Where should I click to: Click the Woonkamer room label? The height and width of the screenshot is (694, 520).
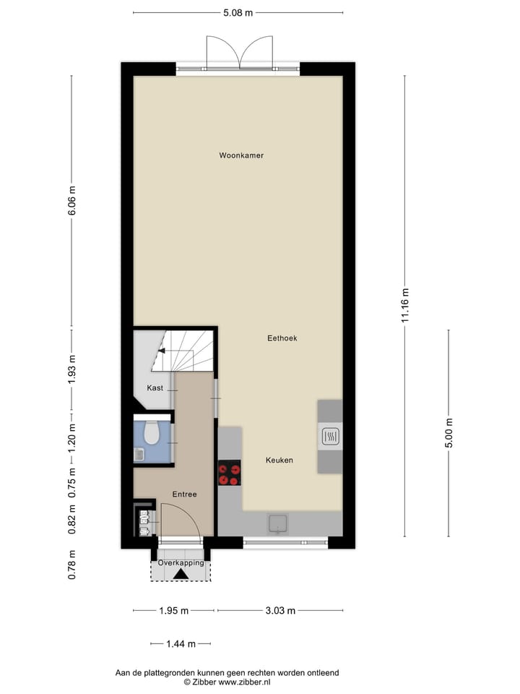coord(241,155)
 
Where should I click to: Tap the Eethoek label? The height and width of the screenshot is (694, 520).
coord(282,338)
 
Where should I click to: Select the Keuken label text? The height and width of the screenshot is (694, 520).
coord(279,460)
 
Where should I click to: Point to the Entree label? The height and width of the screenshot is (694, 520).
coord(184,494)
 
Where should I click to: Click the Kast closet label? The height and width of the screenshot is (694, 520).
coord(155,388)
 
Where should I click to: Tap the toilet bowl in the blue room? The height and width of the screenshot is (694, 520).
coord(152,432)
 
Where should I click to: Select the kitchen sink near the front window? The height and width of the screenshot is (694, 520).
coord(278,523)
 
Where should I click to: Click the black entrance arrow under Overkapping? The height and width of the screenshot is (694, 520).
coord(180,574)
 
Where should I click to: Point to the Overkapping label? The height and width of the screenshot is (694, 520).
coord(181,562)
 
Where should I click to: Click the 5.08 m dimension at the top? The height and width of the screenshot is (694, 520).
coord(238,12)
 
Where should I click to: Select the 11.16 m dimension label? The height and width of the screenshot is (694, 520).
coord(405,307)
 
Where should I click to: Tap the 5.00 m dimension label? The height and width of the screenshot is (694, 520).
coord(448,433)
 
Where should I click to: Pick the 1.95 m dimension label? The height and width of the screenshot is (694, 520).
coord(173,611)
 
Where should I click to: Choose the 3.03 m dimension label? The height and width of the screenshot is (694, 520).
coord(280,611)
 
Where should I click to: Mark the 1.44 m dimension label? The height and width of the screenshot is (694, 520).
coord(181,643)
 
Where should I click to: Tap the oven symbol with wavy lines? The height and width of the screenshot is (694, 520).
coord(329,436)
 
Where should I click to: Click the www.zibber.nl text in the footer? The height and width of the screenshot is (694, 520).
coord(244,682)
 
